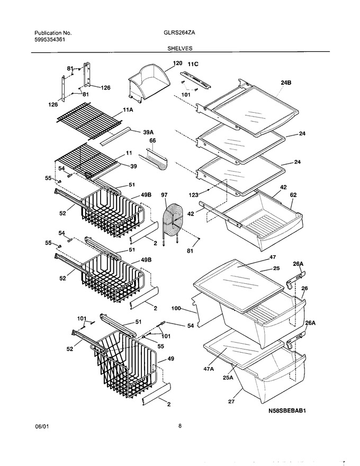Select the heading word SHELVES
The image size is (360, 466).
click(179, 48)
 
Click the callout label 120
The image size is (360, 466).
click(177, 63)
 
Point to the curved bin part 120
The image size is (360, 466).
click(149, 82)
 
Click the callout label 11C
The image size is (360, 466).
click(193, 64)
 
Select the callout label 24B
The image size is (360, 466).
click(286, 83)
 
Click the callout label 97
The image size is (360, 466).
click(164, 195)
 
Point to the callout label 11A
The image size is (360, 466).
click(128, 110)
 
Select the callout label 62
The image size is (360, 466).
click(293, 195)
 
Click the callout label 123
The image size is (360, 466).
click(193, 195)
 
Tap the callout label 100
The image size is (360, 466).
click(176, 309)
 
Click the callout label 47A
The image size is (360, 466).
click(209, 369)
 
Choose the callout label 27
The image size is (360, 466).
click(231, 402)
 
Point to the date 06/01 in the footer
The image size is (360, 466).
click(42, 426)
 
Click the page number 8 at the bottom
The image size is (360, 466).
click(180, 426)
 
